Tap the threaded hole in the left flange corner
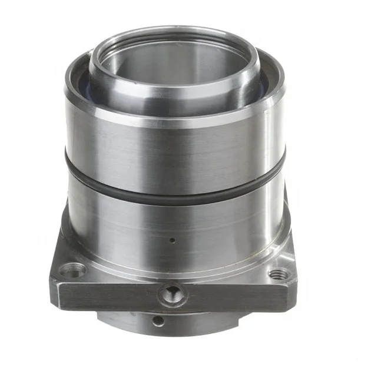[73, 270]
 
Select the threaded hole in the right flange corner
[277, 274]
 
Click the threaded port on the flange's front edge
[173, 293]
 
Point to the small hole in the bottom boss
[157, 321]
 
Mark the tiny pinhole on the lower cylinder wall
[171, 240]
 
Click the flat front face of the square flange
[118, 294]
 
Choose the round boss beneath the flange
[194, 323]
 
